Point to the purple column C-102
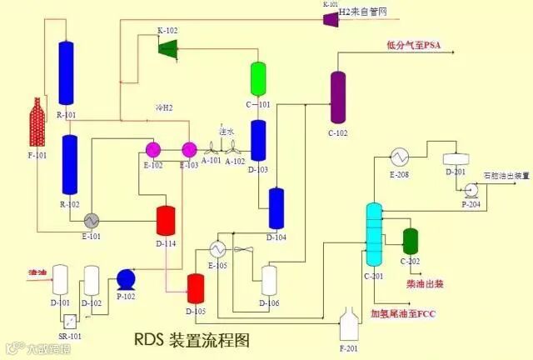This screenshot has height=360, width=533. pyautogui.click(x=337, y=97)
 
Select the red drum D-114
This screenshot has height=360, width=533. pyautogui.click(x=165, y=219)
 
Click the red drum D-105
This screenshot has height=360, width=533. pyautogui.click(x=196, y=287)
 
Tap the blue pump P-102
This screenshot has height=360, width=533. pyautogui.click(x=127, y=277)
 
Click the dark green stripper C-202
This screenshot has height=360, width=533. pyautogui.click(x=410, y=240)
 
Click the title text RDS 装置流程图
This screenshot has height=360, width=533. pyautogui.click(x=191, y=340)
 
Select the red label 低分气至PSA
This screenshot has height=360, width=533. pyautogui.click(x=413, y=45)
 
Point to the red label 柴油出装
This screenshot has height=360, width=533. pyautogui.click(x=424, y=284)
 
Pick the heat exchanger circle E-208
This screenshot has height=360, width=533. pyautogui.click(x=399, y=157)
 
